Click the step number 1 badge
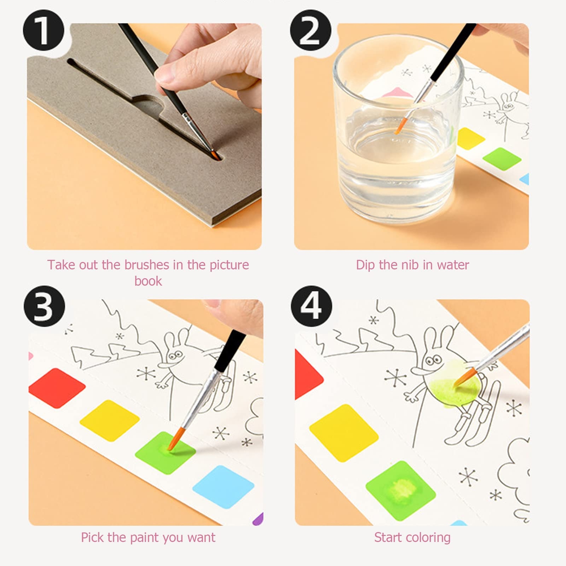pos(44,30)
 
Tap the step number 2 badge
pos(311,30)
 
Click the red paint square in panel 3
pos(57,388)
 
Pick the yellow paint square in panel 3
pos(110,421)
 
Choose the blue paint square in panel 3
pos(223,487)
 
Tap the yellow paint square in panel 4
pos(343,433)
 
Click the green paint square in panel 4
pos(400,491)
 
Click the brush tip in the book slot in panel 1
pos(214,154)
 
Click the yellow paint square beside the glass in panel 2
pos(470,139)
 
